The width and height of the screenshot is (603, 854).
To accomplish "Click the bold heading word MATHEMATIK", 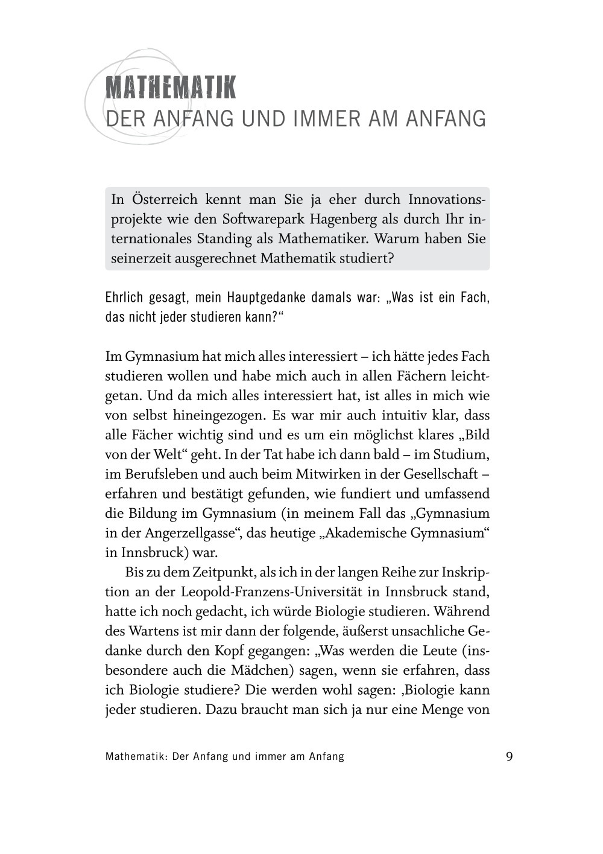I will [x=171, y=88].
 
